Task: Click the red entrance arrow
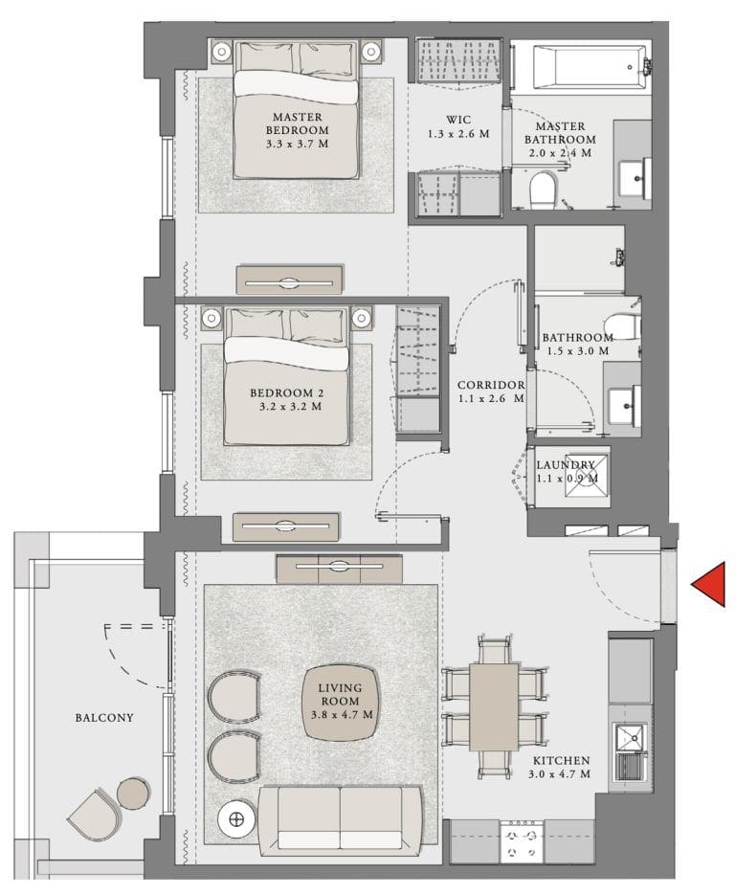pyautogui.click(x=709, y=585)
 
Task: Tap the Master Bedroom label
pyautogui.click(x=297, y=123)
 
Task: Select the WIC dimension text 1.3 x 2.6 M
pyautogui.click(x=457, y=135)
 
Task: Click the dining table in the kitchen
pyautogui.click(x=493, y=705)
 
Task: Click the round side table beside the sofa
pyautogui.click(x=235, y=819)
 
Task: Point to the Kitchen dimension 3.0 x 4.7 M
pyautogui.click(x=560, y=773)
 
